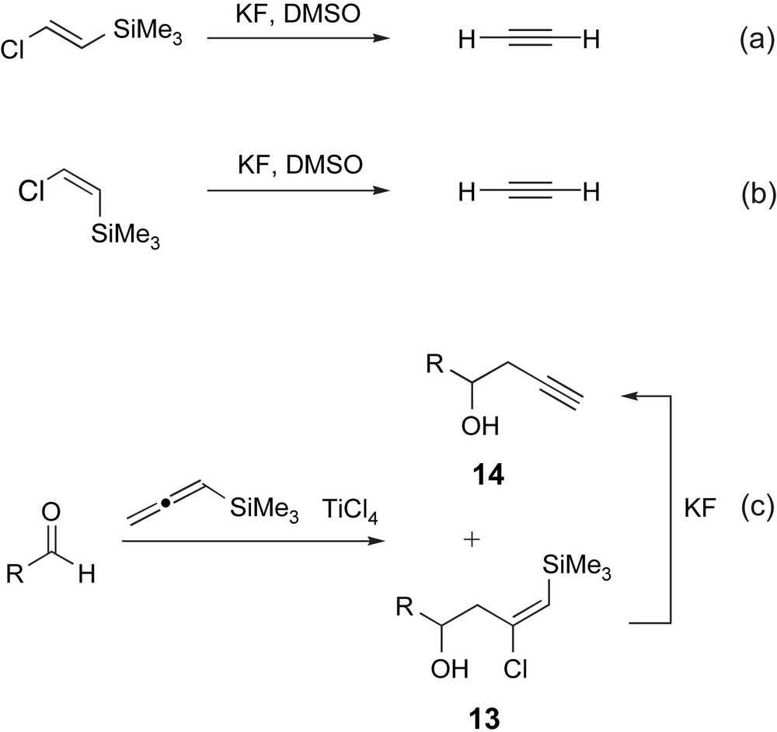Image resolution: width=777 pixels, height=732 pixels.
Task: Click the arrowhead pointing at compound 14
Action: click(x=626, y=396)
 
